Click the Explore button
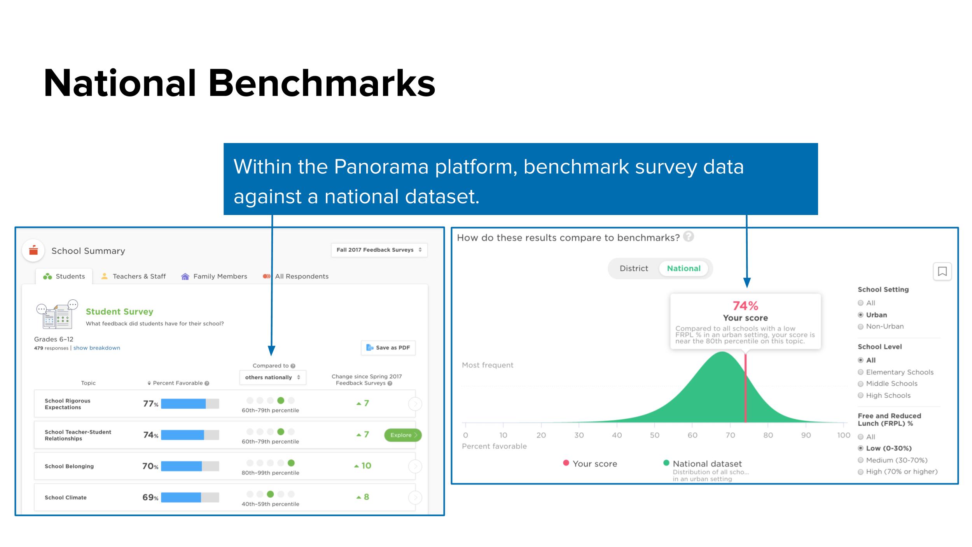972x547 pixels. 403,435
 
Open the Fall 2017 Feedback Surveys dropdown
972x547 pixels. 379,250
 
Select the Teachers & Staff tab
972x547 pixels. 133,276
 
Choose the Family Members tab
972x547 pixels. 214,276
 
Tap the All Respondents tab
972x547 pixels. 295,276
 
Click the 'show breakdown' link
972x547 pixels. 97,348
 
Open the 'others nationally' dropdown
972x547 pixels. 273,377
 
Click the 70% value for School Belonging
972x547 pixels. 150,466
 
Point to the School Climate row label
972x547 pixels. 66,498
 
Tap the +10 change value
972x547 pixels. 363,466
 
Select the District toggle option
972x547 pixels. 634,269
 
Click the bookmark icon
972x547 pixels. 942,271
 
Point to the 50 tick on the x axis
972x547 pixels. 655,435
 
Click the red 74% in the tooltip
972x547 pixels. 745,306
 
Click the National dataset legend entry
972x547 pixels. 703,464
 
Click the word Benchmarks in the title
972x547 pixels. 322,83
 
